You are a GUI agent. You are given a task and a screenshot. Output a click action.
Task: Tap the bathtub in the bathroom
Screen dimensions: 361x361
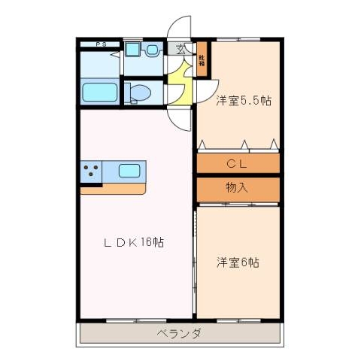99,93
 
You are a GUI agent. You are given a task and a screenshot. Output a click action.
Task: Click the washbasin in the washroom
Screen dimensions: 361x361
152,50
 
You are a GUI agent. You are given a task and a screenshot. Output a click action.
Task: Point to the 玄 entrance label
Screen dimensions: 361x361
180,50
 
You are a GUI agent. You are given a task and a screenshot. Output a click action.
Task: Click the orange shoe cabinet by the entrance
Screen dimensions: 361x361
202,61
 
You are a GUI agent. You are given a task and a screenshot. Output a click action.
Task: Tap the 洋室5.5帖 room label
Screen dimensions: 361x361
243,101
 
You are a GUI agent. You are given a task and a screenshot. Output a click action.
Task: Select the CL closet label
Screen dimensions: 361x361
238,162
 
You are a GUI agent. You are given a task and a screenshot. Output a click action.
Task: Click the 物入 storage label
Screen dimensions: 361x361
237,188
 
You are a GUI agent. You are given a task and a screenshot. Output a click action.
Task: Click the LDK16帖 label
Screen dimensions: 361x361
134,243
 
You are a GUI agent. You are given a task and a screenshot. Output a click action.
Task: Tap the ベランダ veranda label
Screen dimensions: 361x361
179,333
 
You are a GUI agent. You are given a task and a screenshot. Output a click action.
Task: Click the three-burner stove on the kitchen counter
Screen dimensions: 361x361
91,171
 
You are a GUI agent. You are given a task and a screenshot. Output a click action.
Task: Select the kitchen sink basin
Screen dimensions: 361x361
129,170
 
